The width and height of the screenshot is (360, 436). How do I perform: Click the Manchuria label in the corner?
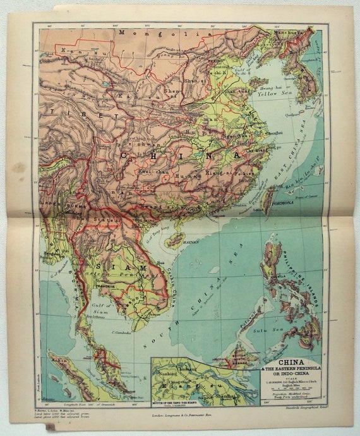click(x=294, y=30)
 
